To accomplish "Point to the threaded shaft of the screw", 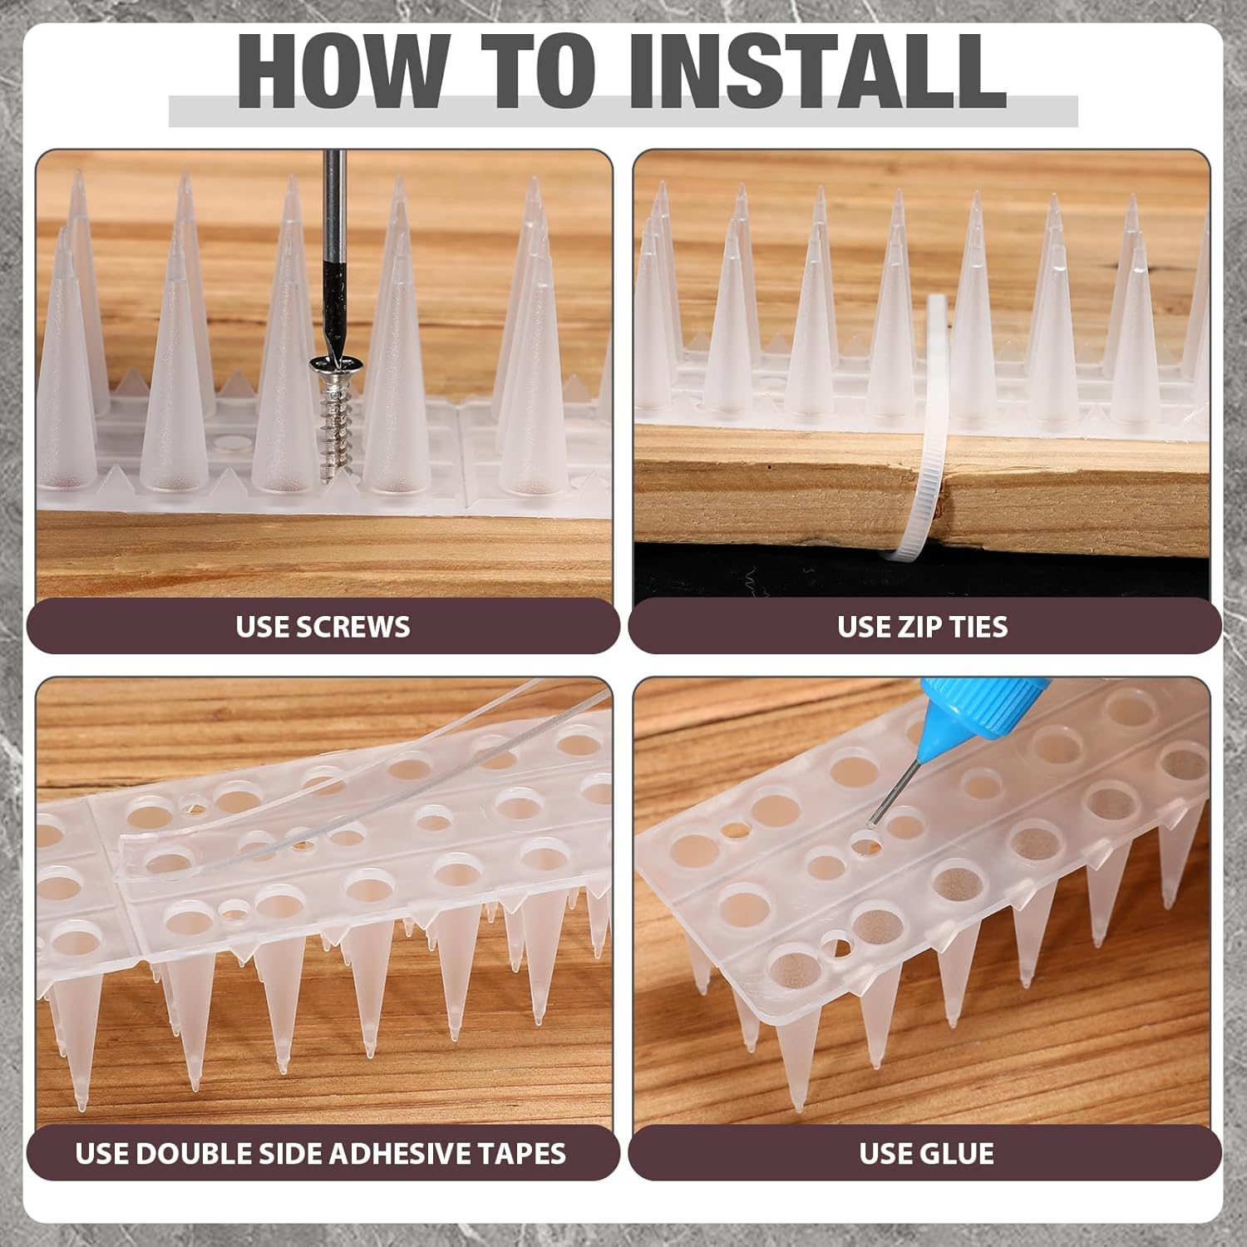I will point(339,429).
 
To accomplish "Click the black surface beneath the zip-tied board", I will point(748,574).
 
